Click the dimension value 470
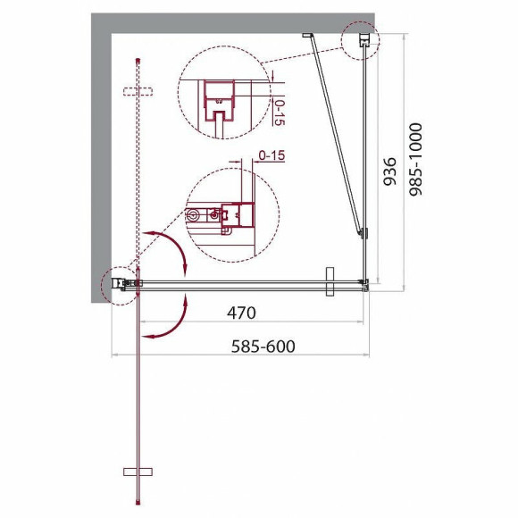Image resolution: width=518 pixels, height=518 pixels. [x=240, y=313]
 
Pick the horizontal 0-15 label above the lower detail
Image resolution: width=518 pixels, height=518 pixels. [x=270, y=156]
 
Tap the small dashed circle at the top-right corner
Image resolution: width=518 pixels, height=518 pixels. [x=361, y=41]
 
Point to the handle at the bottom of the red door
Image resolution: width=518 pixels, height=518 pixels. [x=139, y=471]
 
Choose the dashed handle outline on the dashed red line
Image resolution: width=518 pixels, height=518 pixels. [x=138, y=91]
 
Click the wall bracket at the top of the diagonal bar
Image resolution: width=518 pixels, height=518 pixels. [x=306, y=36]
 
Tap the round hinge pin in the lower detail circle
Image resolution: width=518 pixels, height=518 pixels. [x=195, y=215]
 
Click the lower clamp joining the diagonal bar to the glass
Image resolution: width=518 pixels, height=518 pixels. [x=362, y=235]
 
